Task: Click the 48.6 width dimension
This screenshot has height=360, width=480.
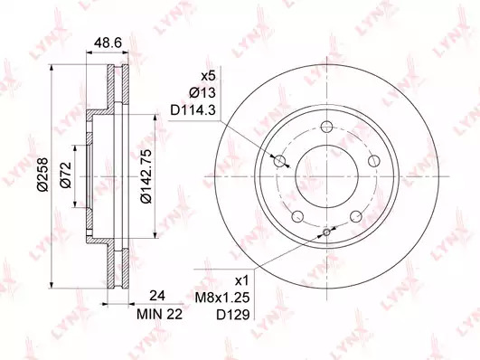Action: click(108, 43)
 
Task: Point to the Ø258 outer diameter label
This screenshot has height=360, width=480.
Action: click(43, 175)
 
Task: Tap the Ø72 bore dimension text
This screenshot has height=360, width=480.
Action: click(66, 175)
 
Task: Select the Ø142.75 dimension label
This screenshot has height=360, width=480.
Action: click(146, 176)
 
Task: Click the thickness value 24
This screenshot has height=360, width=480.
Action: click(157, 296)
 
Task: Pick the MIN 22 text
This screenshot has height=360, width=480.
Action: click(159, 314)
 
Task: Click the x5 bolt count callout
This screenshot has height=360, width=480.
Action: click(208, 76)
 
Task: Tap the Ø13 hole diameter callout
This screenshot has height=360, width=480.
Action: click(202, 93)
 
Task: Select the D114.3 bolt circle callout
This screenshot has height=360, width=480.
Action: click(193, 110)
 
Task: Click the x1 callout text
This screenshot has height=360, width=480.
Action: click(242, 280)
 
